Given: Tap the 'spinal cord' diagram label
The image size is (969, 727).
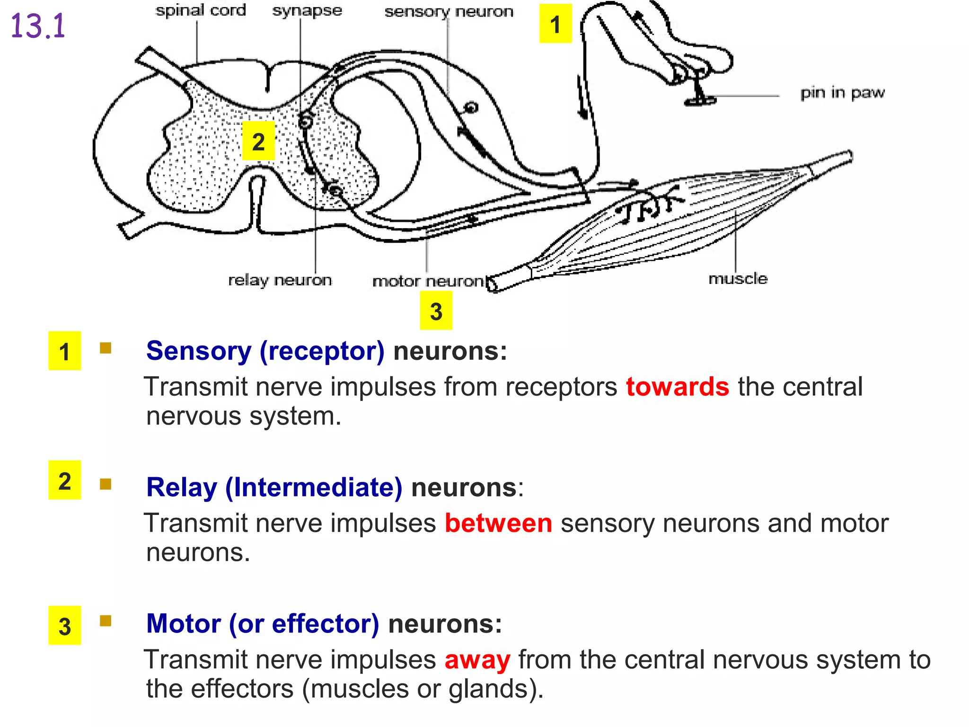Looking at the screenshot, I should click(201, 10).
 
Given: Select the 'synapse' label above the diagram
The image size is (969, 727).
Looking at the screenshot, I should click(307, 10).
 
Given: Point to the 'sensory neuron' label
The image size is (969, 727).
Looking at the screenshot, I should click(449, 11).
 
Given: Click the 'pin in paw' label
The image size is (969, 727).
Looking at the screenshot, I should click(842, 93).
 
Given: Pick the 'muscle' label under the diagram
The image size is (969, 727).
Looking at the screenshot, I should click(738, 278).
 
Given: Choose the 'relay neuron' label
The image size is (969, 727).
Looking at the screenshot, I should click(280, 280).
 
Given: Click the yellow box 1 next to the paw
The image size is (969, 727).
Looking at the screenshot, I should click(555, 24).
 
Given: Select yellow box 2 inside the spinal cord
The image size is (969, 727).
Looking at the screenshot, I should click(258, 141).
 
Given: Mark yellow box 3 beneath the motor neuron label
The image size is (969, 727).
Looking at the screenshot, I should click(436, 310).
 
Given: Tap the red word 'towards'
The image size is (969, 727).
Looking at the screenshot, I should click(677, 387).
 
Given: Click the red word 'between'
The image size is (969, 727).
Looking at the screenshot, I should click(498, 523).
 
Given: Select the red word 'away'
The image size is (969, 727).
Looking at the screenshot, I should click(477, 659).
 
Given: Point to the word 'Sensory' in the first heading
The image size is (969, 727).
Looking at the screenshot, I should click(199, 351).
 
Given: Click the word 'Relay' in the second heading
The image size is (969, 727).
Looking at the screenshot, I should click(182, 488).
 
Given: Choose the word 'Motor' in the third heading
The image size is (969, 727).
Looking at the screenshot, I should click(184, 624).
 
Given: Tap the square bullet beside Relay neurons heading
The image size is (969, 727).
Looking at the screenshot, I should click(106, 484).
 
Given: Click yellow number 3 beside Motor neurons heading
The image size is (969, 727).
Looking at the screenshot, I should click(65, 626).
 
